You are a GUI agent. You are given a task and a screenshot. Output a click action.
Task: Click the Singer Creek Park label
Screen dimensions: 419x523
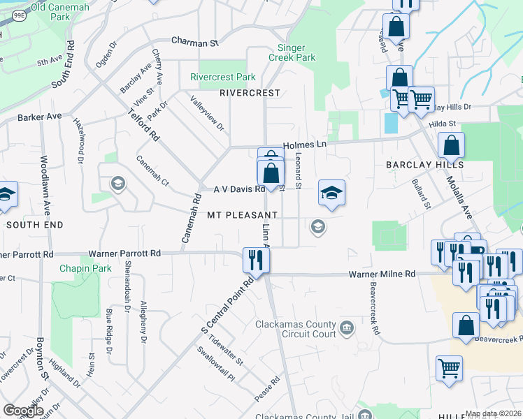[x=292, y=52]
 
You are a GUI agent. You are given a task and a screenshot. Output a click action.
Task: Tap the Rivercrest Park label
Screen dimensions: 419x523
[x=223, y=77]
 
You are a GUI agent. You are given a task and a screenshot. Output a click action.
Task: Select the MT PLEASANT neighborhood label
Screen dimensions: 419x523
[x=242, y=215]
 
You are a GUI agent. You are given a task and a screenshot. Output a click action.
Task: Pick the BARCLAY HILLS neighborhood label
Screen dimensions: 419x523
[x=424, y=165]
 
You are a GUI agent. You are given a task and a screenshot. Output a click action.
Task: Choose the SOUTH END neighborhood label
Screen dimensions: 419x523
[x=35, y=225]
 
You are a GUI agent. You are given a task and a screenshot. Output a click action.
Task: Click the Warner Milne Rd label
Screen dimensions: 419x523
[x=382, y=274]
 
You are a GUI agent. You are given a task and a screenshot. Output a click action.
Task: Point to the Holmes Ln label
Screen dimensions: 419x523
[x=305, y=145]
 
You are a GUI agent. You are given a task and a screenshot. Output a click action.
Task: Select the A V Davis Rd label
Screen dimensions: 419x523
[x=239, y=189]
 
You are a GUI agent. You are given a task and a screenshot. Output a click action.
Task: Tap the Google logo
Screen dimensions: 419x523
[x=23, y=411]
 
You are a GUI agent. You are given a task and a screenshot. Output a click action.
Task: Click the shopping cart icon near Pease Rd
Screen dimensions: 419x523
[x=449, y=368]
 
